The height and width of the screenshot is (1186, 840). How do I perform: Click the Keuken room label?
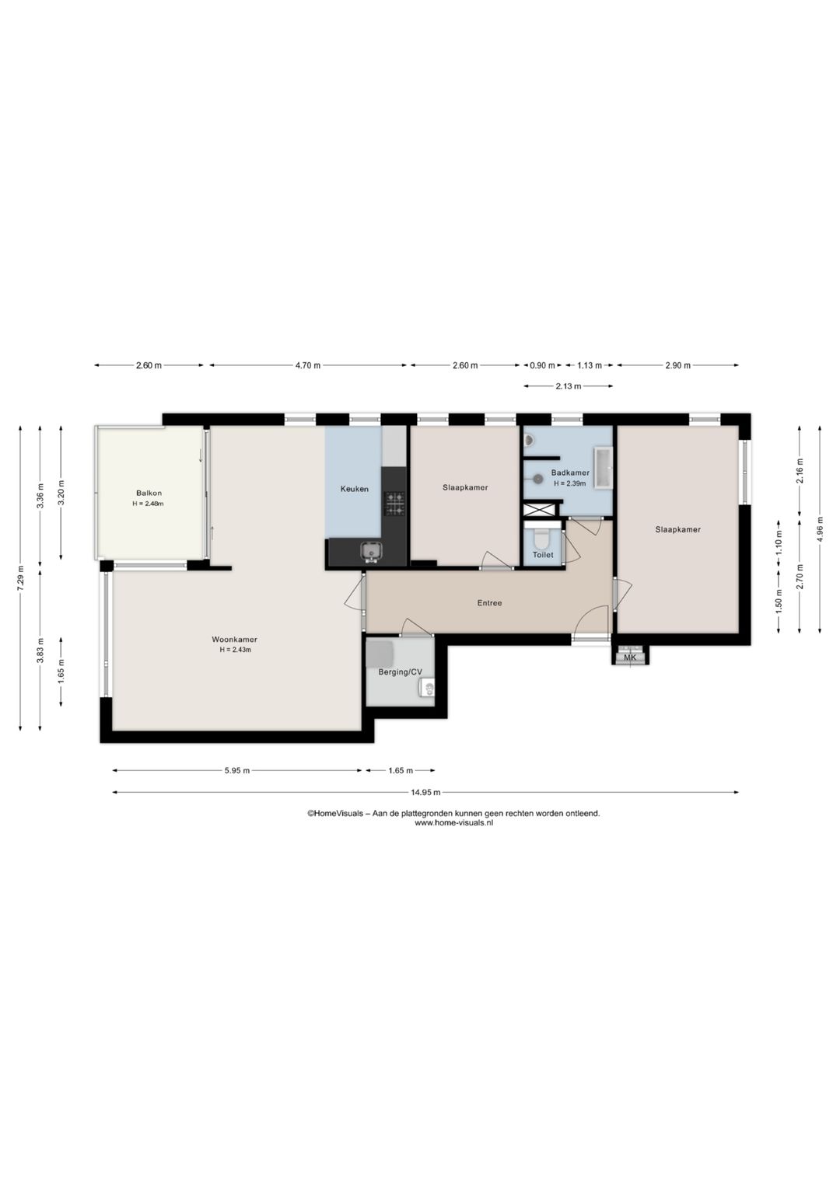(x=354, y=489)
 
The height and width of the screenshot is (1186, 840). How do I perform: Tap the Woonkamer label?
(x=234, y=639)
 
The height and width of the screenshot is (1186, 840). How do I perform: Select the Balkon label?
(x=149, y=493)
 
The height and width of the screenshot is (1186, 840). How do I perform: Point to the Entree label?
(x=489, y=602)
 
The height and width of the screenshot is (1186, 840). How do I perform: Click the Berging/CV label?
(x=400, y=672)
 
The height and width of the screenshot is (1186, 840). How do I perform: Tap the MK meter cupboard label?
(x=629, y=658)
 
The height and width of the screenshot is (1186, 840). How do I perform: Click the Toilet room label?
(x=543, y=554)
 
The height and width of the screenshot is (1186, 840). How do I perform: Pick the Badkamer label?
(x=569, y=473)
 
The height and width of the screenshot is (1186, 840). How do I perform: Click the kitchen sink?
(x=371, y=551)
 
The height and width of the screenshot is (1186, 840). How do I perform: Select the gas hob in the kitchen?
(x=394, y=504)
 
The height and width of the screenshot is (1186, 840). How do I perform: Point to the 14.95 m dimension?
(x=425, y=792)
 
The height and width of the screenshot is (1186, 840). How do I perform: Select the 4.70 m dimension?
(x=308, y=365)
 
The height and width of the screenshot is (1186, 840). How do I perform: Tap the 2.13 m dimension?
(x=568, y=386)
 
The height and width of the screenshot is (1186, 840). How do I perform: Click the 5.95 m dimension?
(x=237, y=770)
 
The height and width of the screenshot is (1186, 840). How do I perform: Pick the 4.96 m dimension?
(x=819, y=528)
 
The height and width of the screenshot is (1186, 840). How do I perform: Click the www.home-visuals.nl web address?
(x=453, y=823)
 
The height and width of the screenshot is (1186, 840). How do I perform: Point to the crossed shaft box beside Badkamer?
(x=540, y=510)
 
